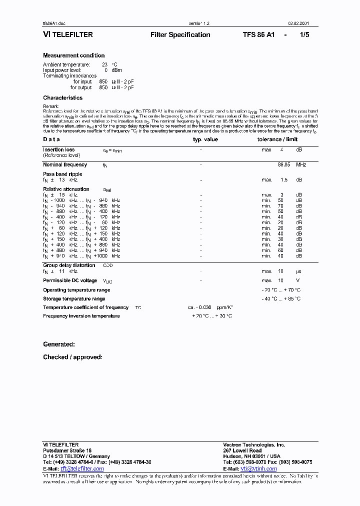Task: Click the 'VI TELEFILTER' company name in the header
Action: [68, 35]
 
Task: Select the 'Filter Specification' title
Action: [180, 35]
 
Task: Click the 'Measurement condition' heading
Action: [74, 55]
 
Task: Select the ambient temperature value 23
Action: [105, 64]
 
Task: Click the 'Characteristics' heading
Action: [62, 98]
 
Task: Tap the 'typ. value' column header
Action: [205, 139]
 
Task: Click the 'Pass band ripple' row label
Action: [62, 174]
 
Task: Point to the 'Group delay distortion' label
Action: [69, 265]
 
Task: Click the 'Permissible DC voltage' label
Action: [70, 280]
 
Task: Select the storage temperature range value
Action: [281, 298]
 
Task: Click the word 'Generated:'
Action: [59, 344]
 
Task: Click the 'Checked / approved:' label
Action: [72, 357]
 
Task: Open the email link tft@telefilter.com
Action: [82, 468]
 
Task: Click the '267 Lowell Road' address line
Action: [242, 450]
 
